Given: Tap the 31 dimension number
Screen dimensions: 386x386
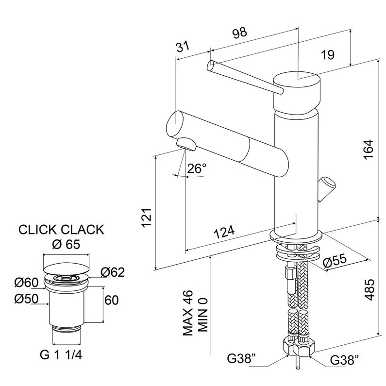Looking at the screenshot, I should coord(182,47).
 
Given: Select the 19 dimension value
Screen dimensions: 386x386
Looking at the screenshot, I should coord(328,55).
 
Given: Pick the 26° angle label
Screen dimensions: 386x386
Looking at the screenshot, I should coord(197,169).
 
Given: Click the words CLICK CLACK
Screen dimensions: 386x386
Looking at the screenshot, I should coord(61,229).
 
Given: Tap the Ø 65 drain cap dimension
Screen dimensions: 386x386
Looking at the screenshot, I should coord(66,244).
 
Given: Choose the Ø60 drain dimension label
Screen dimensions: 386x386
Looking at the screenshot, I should coord(27,282).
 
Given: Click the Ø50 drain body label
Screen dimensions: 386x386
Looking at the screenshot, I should coord(27,300).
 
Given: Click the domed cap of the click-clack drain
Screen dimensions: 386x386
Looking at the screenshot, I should coord(66,266).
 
